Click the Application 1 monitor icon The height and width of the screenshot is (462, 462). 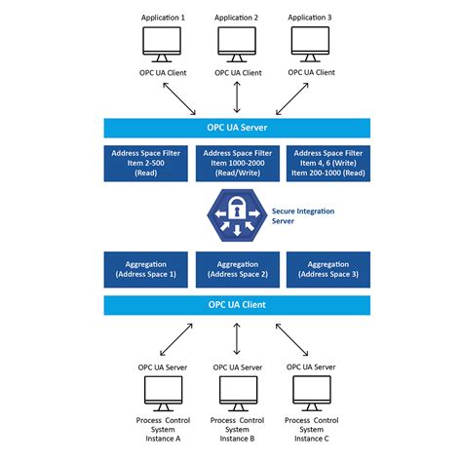(x=162, y=43)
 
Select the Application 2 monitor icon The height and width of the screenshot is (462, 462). (x=237, y=43)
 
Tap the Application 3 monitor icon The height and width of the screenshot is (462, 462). (x=312, y=43)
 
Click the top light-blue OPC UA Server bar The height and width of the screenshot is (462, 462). (x=237, y=127)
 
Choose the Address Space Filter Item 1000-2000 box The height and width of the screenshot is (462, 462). (x=237, y=164)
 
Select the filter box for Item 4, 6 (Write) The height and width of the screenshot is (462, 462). (x=327, y=164)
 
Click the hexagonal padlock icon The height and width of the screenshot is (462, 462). (x=237, y=215)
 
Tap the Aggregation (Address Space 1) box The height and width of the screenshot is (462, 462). (x=147, y=270)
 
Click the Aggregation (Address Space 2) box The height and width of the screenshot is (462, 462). (x=237, y=270)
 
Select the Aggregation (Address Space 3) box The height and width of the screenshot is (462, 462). (x=327, y=270)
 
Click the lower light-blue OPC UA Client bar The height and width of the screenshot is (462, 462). (x=237, y=305)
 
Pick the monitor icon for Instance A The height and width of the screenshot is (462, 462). (x=162, y=391)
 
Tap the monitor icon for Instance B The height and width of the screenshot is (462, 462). (x=237, y=391)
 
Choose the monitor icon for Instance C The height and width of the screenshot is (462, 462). (x=312, y=391)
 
